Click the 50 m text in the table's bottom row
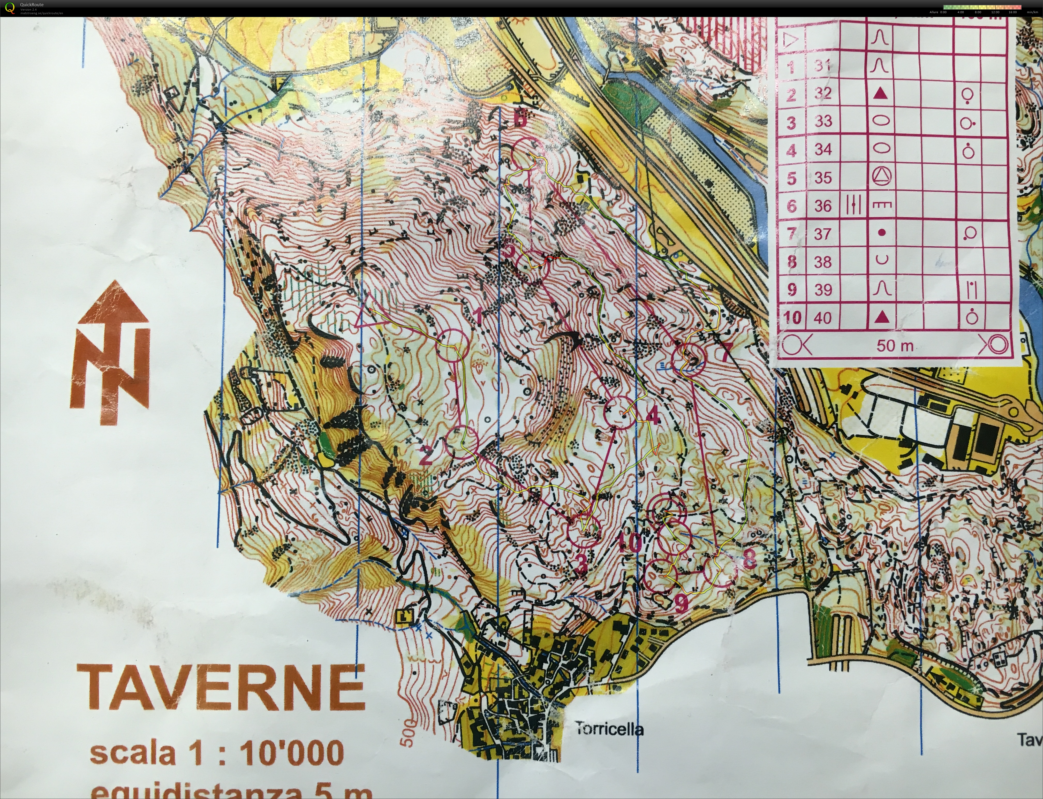tap(895, 346)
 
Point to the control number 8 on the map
tap(748, 559)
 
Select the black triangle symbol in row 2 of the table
tap(881, 94)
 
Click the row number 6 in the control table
tap(791, 206)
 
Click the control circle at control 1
tap(452, 345)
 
